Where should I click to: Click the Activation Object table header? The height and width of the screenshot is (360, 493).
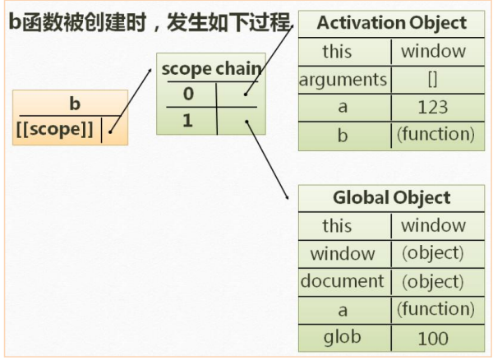point(390,23)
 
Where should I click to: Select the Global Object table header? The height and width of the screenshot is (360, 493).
point(391,198)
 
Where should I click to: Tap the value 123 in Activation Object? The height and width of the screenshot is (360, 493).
point(433,107)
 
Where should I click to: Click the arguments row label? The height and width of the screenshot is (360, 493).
point(343,80)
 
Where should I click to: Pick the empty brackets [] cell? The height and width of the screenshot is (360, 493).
point(433,80)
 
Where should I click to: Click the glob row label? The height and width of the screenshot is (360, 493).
point(343,337)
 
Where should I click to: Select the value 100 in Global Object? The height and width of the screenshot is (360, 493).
point(433,338)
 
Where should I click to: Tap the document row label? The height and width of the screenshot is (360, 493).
point(343,281)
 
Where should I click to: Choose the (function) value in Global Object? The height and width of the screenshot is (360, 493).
point(435,309)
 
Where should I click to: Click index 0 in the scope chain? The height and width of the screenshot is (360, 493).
point(188,94)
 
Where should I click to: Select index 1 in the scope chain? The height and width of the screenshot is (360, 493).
point(188,120)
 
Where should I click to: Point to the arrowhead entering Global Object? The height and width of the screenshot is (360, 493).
point(287,197)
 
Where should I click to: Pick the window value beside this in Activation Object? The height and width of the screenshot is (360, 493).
point(433,52)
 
